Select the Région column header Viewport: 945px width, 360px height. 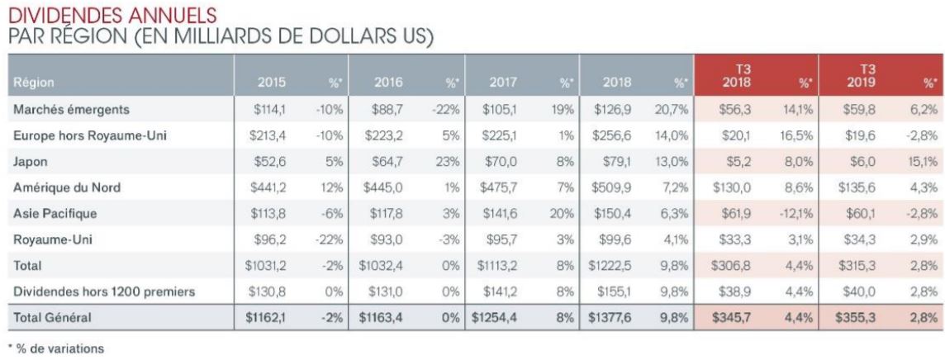click(x=34, y=83)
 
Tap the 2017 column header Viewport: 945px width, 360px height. click(x=502, y=83)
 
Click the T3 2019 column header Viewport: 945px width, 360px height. click(x=868, y=77)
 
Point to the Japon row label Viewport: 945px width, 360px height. click(x=30, y=162)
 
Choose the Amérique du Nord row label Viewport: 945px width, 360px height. click(x=67, y=187)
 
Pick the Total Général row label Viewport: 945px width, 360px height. click(x=52, y=317)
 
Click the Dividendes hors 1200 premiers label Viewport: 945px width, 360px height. click(x=103, y=291)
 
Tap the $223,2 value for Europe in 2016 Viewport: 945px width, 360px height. click(x=383, y=136)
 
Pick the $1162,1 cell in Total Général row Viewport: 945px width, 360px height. click(x=266, y=317)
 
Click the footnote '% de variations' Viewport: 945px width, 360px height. click(x=56, y=348)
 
